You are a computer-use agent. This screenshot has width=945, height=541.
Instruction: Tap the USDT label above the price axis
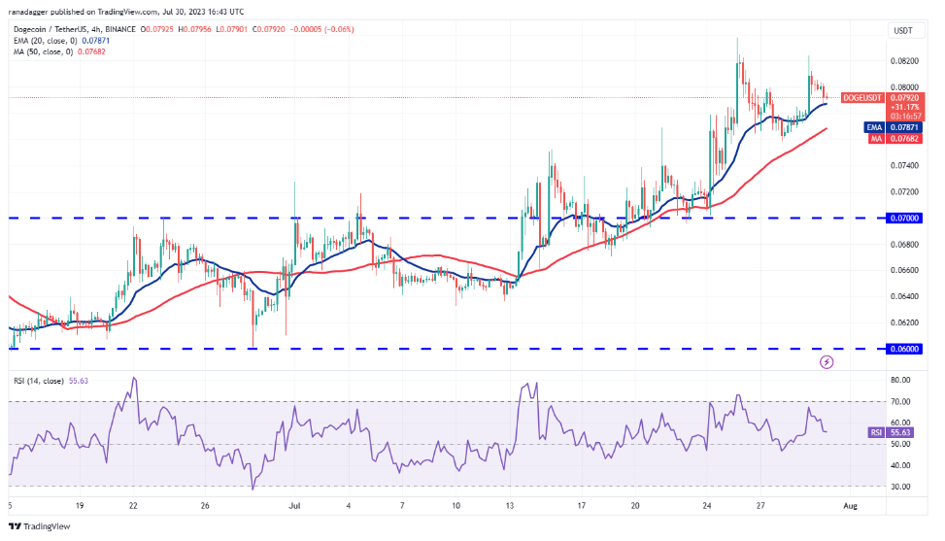[x=902, y=30]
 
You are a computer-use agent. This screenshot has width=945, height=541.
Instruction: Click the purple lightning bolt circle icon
[x=827, y=362]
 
